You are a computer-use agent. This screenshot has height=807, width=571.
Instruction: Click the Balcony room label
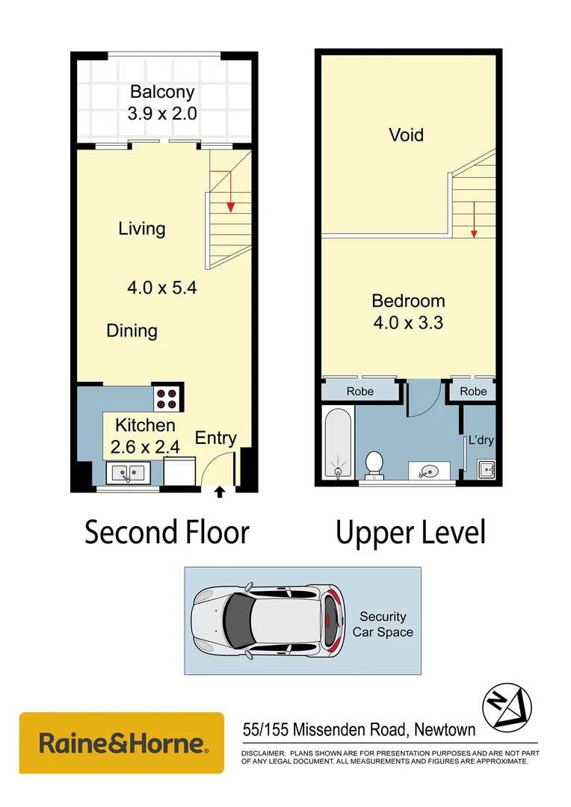point(162,92)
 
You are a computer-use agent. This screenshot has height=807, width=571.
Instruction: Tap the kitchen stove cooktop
point(167,398)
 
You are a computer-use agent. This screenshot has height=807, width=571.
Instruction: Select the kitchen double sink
point(129,472)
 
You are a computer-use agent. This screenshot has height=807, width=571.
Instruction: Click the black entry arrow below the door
point(220,492)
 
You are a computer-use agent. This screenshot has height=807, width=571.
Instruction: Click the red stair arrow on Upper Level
point(474,220)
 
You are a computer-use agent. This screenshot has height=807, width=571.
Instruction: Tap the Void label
point(407,134)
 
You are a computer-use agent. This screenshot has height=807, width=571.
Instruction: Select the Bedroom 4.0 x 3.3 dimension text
point(408,323)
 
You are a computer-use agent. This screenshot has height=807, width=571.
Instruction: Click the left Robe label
point(360,391)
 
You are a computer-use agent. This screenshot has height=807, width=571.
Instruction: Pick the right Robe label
point(473,391)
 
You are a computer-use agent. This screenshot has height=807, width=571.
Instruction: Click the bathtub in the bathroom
point(339,443)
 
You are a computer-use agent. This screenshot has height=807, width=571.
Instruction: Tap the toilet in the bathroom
point(374,464)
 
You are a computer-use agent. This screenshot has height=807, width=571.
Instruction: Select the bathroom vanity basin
point(428,471)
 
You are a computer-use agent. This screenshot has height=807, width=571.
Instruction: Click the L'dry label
point(481,440)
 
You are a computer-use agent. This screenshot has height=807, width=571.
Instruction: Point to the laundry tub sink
point(486,470)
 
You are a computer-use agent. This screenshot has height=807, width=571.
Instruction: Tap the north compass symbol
point(507,708)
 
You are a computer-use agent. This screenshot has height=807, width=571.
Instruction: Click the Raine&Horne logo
point(122,743)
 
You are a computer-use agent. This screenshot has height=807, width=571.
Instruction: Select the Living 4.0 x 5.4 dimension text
point(162,288)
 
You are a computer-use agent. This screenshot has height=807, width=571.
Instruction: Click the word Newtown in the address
point(445,729)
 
